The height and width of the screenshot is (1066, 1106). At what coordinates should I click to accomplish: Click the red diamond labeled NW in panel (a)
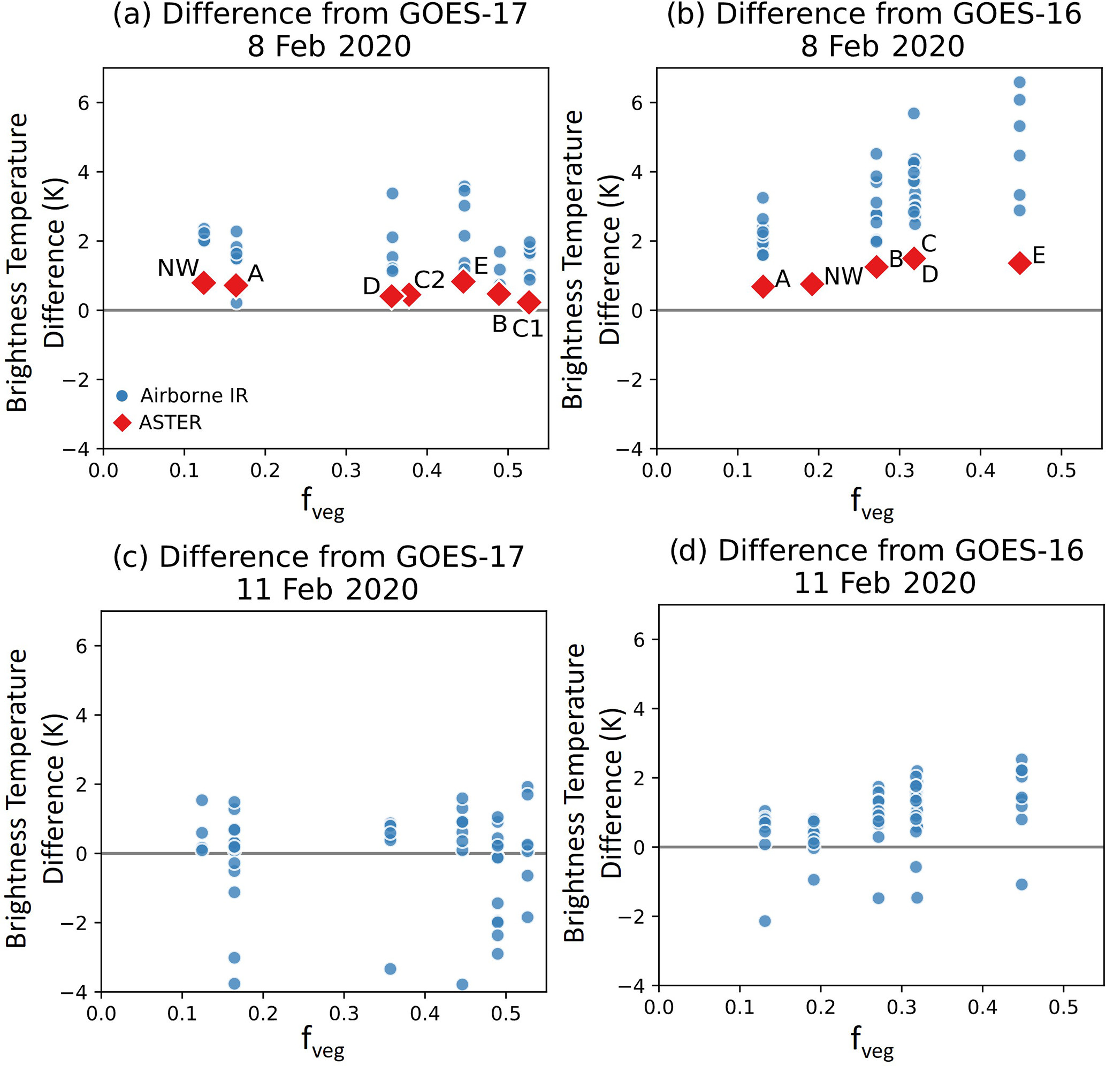point(204,282)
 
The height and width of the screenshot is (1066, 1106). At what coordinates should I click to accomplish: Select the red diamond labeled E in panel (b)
point(1020,262)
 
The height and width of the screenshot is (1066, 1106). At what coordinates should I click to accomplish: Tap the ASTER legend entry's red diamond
point(122,423)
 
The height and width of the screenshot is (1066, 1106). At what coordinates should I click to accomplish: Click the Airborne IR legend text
point(194,395)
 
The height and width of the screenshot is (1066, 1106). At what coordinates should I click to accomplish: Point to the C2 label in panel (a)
point(430,280)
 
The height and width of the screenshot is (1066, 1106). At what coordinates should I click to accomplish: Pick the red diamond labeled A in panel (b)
point(763,287)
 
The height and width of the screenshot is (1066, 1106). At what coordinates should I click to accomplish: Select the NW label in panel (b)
point(843,277)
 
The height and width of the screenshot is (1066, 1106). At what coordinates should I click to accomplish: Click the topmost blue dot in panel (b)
point(1019,82)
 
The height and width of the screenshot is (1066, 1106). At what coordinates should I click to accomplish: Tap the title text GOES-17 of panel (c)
point(460,557)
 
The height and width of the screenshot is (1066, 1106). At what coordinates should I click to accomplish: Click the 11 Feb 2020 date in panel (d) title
point(885,582)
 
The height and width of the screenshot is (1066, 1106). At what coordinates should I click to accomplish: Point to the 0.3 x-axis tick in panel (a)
point(346,470)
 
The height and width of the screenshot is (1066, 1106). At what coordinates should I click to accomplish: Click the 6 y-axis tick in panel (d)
point(638,640)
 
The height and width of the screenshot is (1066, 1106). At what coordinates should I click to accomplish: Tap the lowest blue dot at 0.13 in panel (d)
point(765,921)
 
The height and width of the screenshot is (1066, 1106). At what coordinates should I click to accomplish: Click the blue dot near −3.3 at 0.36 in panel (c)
point(390,969)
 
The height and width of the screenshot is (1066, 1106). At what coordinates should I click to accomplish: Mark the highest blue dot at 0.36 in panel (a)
point(392,194)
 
